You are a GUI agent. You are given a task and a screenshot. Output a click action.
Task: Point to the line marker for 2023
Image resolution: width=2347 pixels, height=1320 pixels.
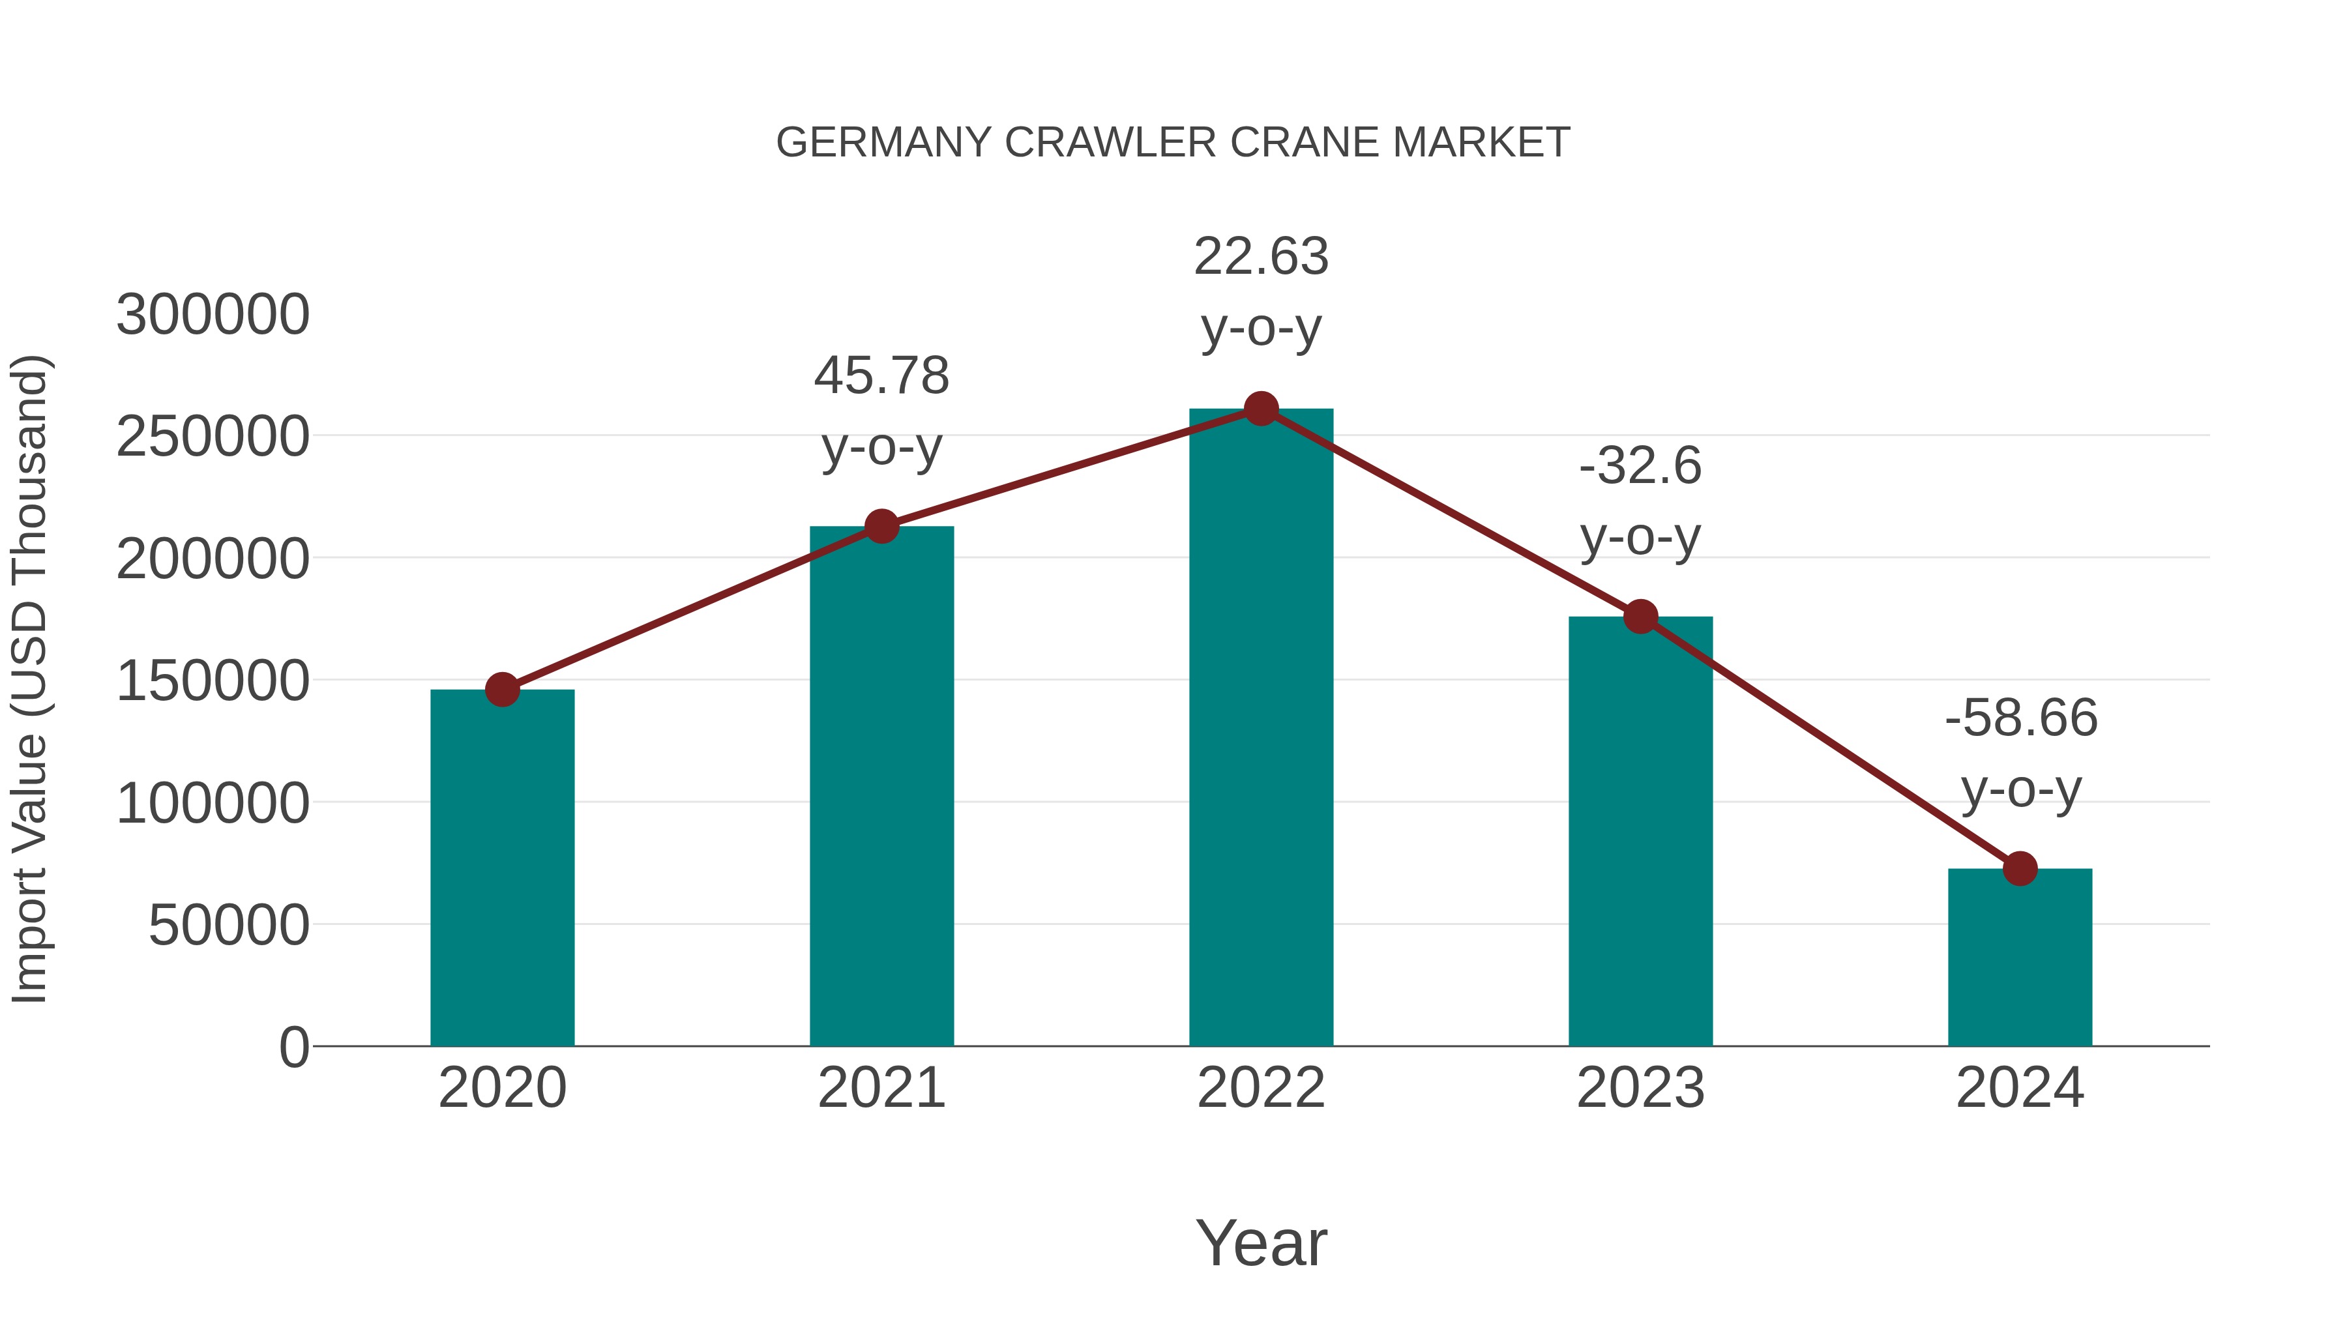[1640, 617]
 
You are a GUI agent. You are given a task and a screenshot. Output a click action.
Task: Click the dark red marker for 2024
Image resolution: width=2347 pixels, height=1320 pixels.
[2020, 868]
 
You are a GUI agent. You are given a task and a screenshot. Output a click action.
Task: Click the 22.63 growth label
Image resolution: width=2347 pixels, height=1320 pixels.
[1261, 291]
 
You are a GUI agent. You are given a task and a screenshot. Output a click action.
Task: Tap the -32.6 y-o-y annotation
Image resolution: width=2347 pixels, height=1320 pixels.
[1640, 501]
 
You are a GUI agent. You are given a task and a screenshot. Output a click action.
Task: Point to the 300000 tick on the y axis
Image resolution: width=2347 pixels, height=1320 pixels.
[213, 315]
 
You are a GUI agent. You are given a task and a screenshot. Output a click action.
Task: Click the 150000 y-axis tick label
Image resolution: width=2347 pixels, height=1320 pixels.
[213, 681]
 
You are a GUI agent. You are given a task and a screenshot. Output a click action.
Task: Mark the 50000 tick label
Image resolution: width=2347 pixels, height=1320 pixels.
[229, 926]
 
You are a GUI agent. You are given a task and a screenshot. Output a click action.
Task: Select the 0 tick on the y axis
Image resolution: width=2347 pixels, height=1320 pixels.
[294, 1048]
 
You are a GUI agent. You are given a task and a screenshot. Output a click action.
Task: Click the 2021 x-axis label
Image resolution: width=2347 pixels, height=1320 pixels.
[881, 1088]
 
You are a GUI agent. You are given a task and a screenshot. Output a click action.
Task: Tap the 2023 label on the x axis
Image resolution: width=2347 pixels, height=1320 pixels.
[1640, 1088]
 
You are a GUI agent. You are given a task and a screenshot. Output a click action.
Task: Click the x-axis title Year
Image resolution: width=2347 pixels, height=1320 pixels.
[1261, 1242]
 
